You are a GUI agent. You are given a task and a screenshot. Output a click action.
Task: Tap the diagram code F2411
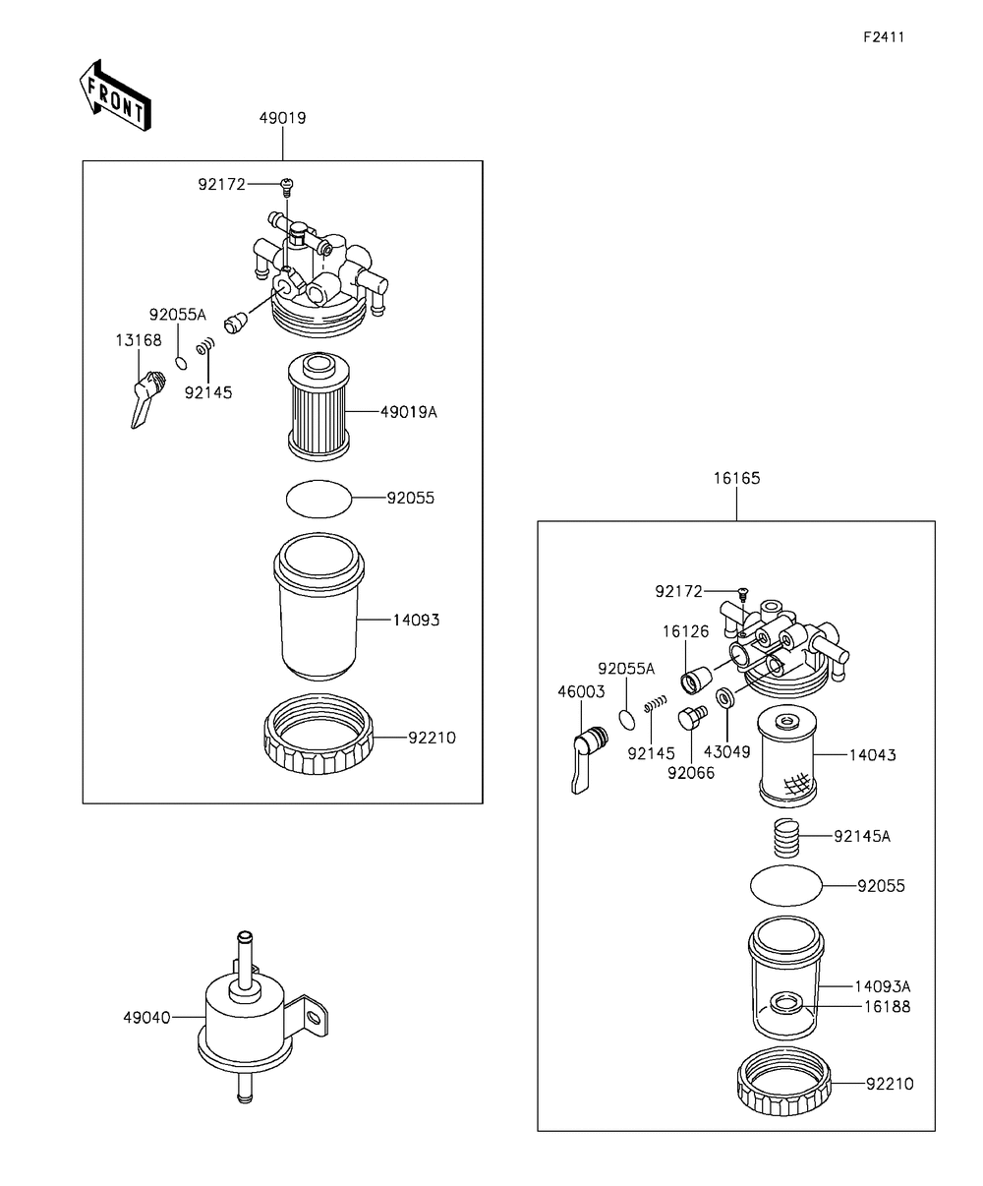click(x=884, y=37)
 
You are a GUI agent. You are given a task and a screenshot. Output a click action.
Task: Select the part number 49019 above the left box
click(x=282, y=118)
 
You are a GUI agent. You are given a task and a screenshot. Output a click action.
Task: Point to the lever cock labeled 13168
click(x=146, y=398)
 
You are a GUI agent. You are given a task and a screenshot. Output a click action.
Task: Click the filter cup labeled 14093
click(x=318, y=606)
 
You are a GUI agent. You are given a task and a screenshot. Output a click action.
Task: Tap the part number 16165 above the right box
click(x=736, y=478)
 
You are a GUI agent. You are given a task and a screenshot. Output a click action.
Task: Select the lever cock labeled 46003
click(x=588, y=759)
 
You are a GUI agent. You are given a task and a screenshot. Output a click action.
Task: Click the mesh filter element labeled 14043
click(x=787, y=755)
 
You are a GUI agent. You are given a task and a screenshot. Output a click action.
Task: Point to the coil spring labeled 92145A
click(x=787, y=837)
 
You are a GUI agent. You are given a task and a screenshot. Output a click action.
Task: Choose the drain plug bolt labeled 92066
click(x=692, y=717)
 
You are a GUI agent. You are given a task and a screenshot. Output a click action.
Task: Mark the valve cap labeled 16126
click(x=696, y=680)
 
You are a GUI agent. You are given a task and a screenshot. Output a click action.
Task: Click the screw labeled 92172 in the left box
click(x=287, y=187)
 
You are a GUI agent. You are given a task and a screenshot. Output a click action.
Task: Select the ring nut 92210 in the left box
click(x=318, y=734)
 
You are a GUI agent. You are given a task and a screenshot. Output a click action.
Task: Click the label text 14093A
click(x=883, y=986)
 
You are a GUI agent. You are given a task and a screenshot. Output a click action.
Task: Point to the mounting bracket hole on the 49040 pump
click(x=313, y=1016)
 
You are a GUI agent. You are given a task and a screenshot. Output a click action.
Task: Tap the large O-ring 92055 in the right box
click(x=786, y=886)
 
